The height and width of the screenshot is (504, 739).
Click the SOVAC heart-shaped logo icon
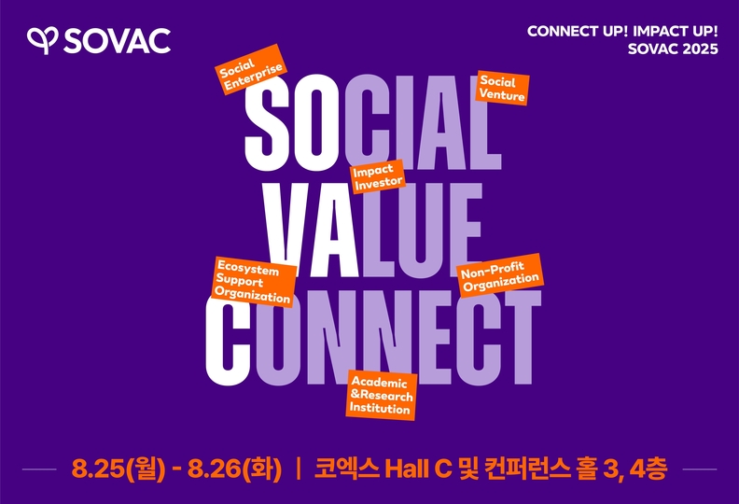pyautogui.click(x=42, y=40)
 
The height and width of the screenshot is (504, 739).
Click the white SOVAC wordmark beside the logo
pyautogui.click(x=117, y=40)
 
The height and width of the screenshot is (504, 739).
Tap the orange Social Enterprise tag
pyautogui.click(x=251, y=69)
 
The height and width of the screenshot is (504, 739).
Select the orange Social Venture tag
pyautogui.click(x=502, y=88)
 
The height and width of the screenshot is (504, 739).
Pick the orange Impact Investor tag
pyautogui.click(x=378, y=176)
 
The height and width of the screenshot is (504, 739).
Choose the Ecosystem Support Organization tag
pyautogui.click(x=254, y=282)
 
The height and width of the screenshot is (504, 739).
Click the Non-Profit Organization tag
pyautogui.click(x=500, y=275)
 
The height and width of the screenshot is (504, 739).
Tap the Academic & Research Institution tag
pyautogui.click(x=382, y=395)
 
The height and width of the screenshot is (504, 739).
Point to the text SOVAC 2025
pyautogui.click(x=673, y=49)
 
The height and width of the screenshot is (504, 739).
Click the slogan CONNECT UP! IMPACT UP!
pyautogui.click(x=622, y=31)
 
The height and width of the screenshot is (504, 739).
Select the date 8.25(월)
pyautogui.click(x=119, y=469)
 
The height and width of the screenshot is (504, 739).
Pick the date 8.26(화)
pyautogui.click(x=235, y=469)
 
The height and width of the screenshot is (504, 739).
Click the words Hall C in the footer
pyautogui.click(x=419, y=469)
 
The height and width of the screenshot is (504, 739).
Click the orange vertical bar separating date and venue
pyautogui.click(x=298, y=469)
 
